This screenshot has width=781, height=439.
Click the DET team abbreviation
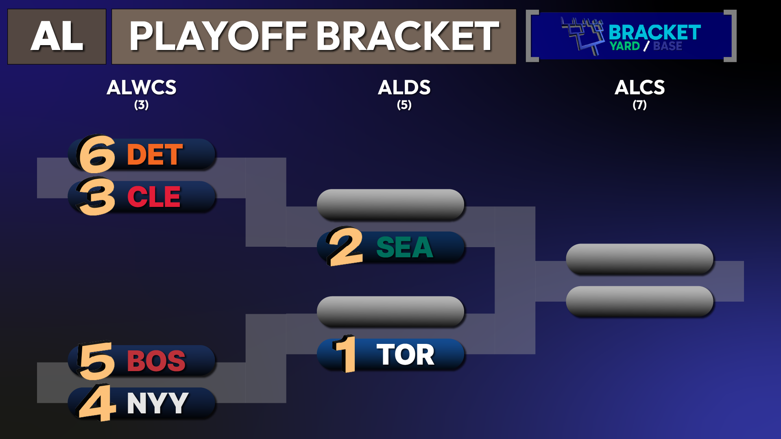[155, 154]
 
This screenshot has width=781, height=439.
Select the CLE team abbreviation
[154, 197]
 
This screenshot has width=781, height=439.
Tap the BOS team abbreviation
[156, 361]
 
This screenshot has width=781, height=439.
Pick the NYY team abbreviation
[158, 403]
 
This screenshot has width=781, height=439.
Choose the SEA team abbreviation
[405, 247]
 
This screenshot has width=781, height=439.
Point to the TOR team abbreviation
[406, 354]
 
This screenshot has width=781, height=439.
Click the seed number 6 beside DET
[96, 154]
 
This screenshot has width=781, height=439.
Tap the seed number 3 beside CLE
[96, 197]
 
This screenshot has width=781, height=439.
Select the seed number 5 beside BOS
[96, 361]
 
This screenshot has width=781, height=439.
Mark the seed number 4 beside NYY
[96, 403]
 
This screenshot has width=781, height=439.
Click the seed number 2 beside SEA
[345, 246]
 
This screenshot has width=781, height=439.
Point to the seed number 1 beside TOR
[345, 354]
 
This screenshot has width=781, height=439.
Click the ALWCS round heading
[142, 87]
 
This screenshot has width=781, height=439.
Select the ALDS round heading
[404, 87]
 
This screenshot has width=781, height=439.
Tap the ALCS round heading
[640, 87]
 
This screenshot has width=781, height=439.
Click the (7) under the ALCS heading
[640, 105]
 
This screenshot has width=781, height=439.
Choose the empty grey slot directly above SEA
[390, 204]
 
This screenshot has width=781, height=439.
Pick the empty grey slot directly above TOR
[390, 312]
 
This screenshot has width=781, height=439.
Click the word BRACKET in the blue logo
[654, 33]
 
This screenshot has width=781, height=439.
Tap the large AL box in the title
[57, 37]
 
